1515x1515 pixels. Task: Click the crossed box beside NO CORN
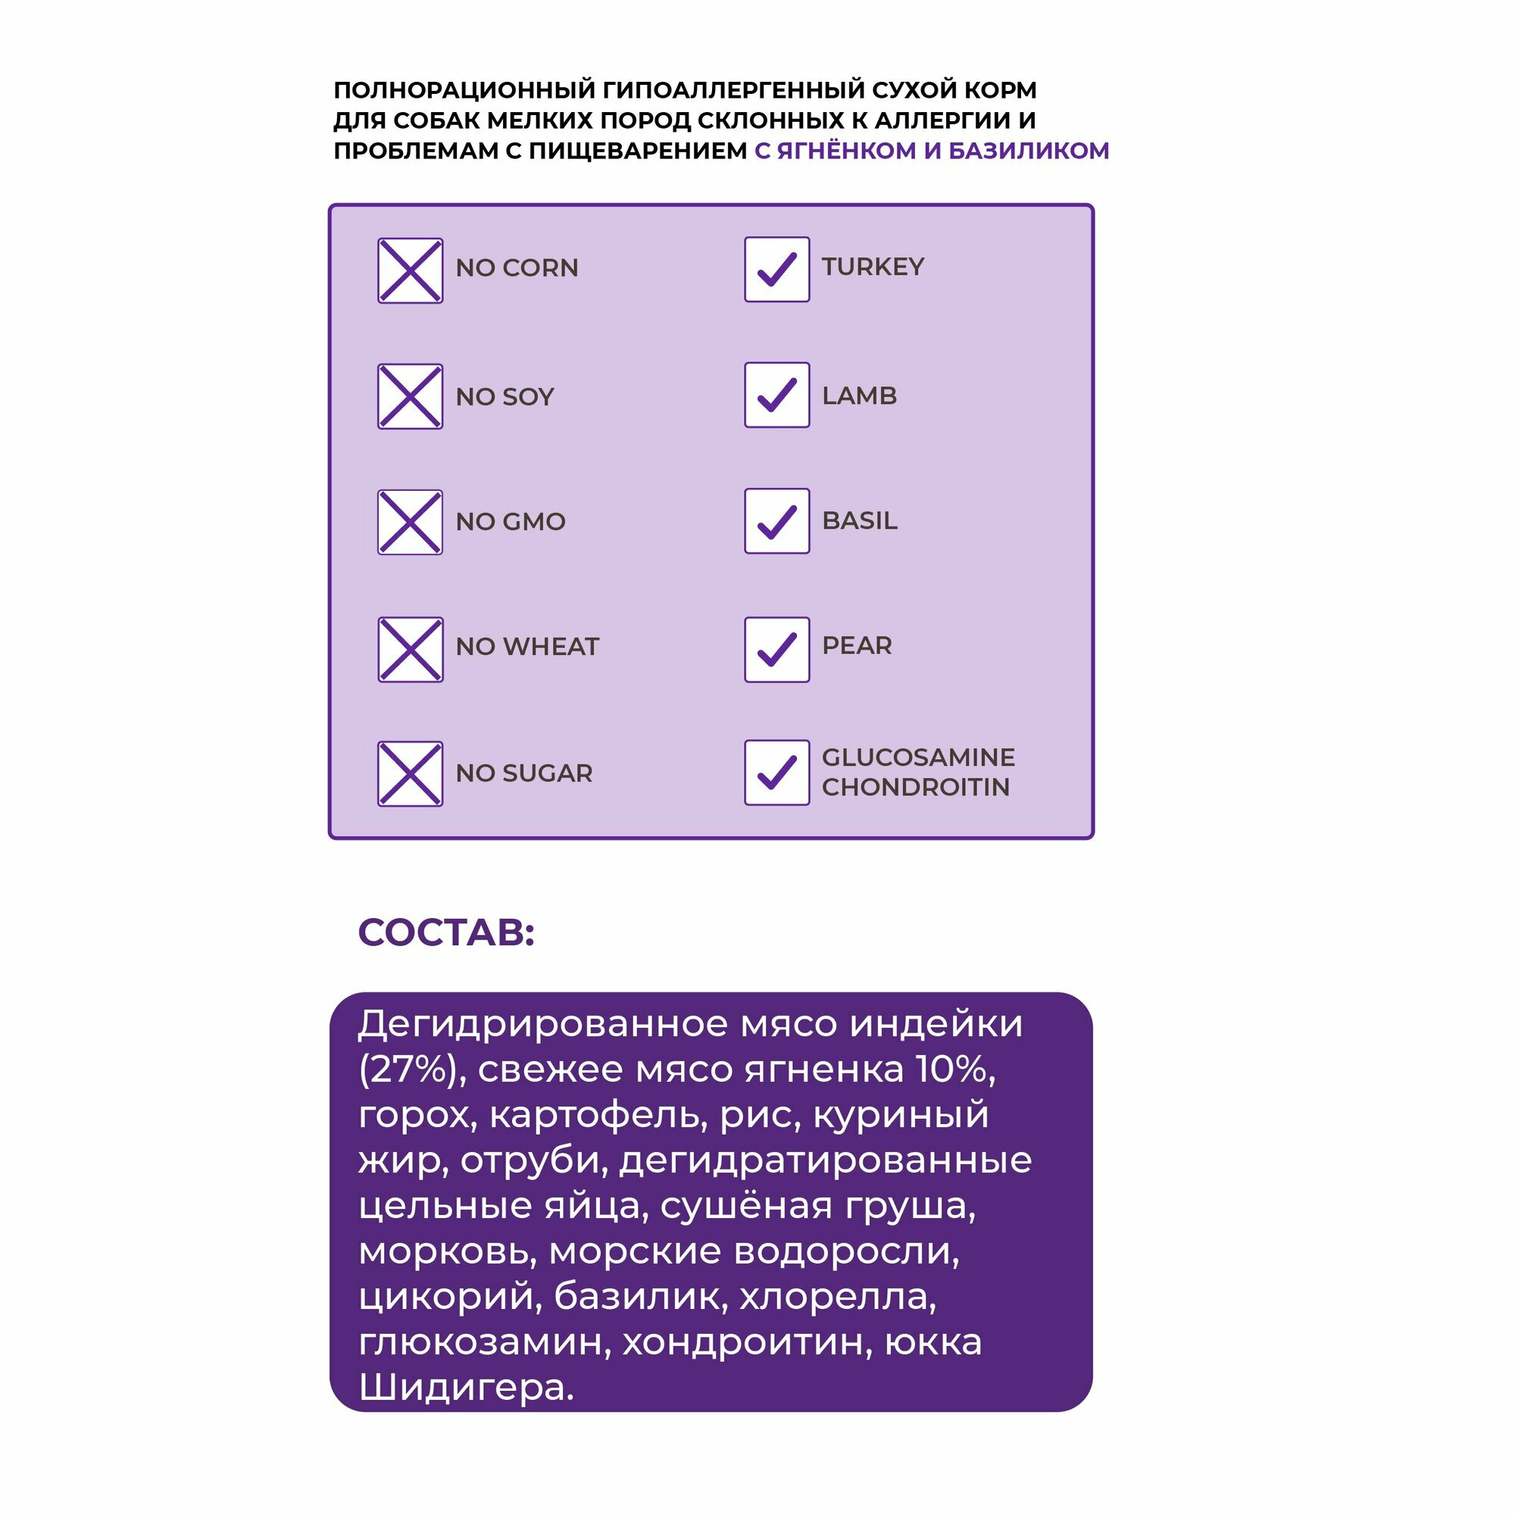click(x=410, y=270)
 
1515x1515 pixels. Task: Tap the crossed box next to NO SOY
click(x=410, y=396)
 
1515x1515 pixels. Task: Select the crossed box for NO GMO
click(x=410, y=522)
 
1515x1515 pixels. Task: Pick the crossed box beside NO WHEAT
click(x=410, y=649)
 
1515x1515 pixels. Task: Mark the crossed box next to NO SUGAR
click(x=410, y=774)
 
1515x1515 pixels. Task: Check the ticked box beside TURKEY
click(x=776, y=269)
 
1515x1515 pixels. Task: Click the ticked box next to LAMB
click(x=776, y=395)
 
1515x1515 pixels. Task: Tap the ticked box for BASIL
click(x=776, y=520)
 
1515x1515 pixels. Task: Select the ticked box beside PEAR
click(x=776, y=649)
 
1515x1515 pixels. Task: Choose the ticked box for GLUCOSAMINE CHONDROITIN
click(x=776, y=773)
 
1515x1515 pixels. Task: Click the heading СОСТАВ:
click(x=446, y=933)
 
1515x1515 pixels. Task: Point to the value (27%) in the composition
click(x=407, y=1070)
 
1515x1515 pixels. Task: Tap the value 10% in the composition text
click(x=955, y=1070)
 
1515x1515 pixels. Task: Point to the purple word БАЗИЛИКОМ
click(x=1028, y=151)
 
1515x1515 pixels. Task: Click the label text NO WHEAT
click(x=527, y=647)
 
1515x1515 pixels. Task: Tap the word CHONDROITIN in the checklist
click(x=915, y=787)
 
